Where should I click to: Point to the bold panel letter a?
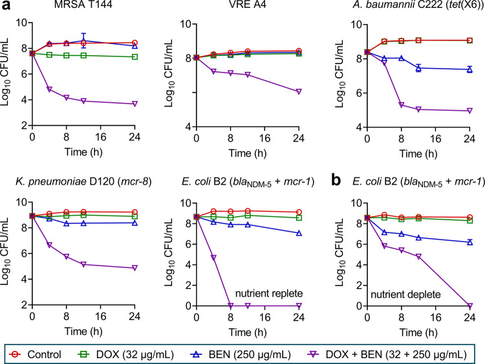[5, 6]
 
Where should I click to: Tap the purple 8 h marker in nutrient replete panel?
[231, 305]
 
